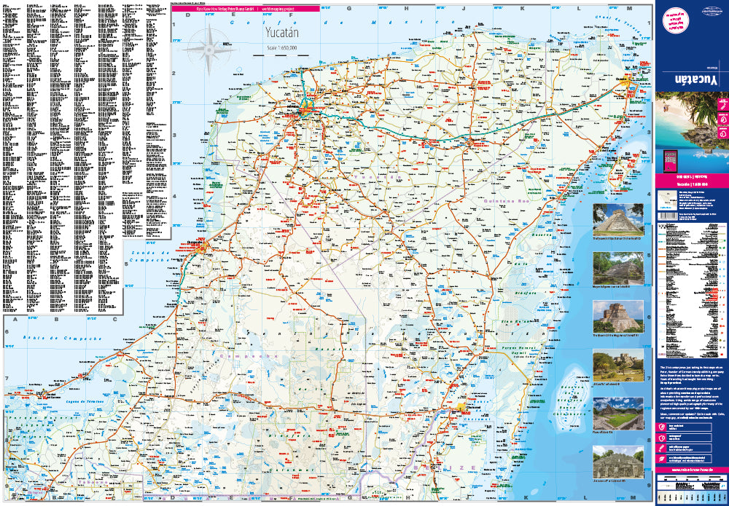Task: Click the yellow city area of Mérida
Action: point(306,111)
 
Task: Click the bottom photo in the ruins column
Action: point(617,462)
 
